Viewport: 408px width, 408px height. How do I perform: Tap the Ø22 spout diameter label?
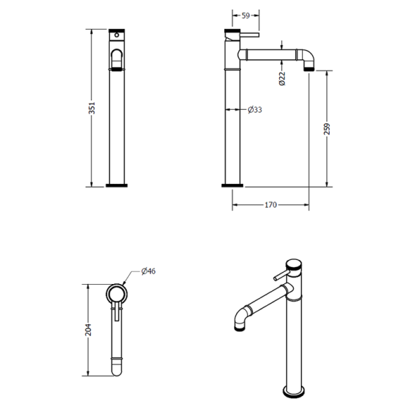click(x=281, y=78)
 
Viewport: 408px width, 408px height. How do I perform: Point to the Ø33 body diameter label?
click(x=255, y=109)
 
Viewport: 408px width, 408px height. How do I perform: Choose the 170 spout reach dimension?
click(x=271, y=205)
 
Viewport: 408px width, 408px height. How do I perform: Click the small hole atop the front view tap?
click(x=118, y=32)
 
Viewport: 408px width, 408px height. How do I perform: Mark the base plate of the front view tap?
click(x=117, y=186)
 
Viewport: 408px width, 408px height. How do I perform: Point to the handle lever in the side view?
click(x=250, y=33)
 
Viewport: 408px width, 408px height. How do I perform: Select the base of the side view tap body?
click(x=232, y=186)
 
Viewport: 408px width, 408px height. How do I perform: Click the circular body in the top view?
click(x=117, y=294)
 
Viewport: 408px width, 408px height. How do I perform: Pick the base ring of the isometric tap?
click(x=295, y=392)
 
